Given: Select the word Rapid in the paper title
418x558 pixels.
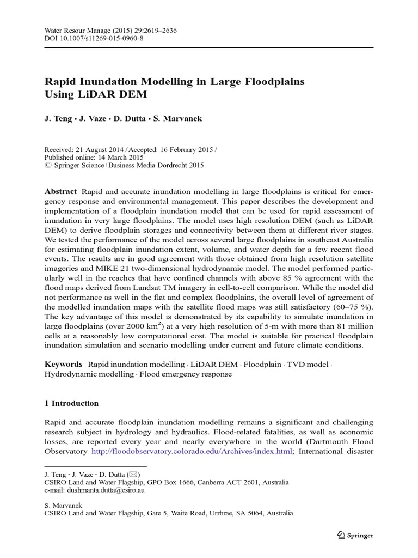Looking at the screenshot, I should coord(60,82).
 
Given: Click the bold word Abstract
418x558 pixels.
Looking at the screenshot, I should coord(61,192).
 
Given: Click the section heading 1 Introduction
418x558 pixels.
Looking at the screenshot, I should coord(71,403).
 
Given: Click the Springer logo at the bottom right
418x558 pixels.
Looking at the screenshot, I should coord(354,535).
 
